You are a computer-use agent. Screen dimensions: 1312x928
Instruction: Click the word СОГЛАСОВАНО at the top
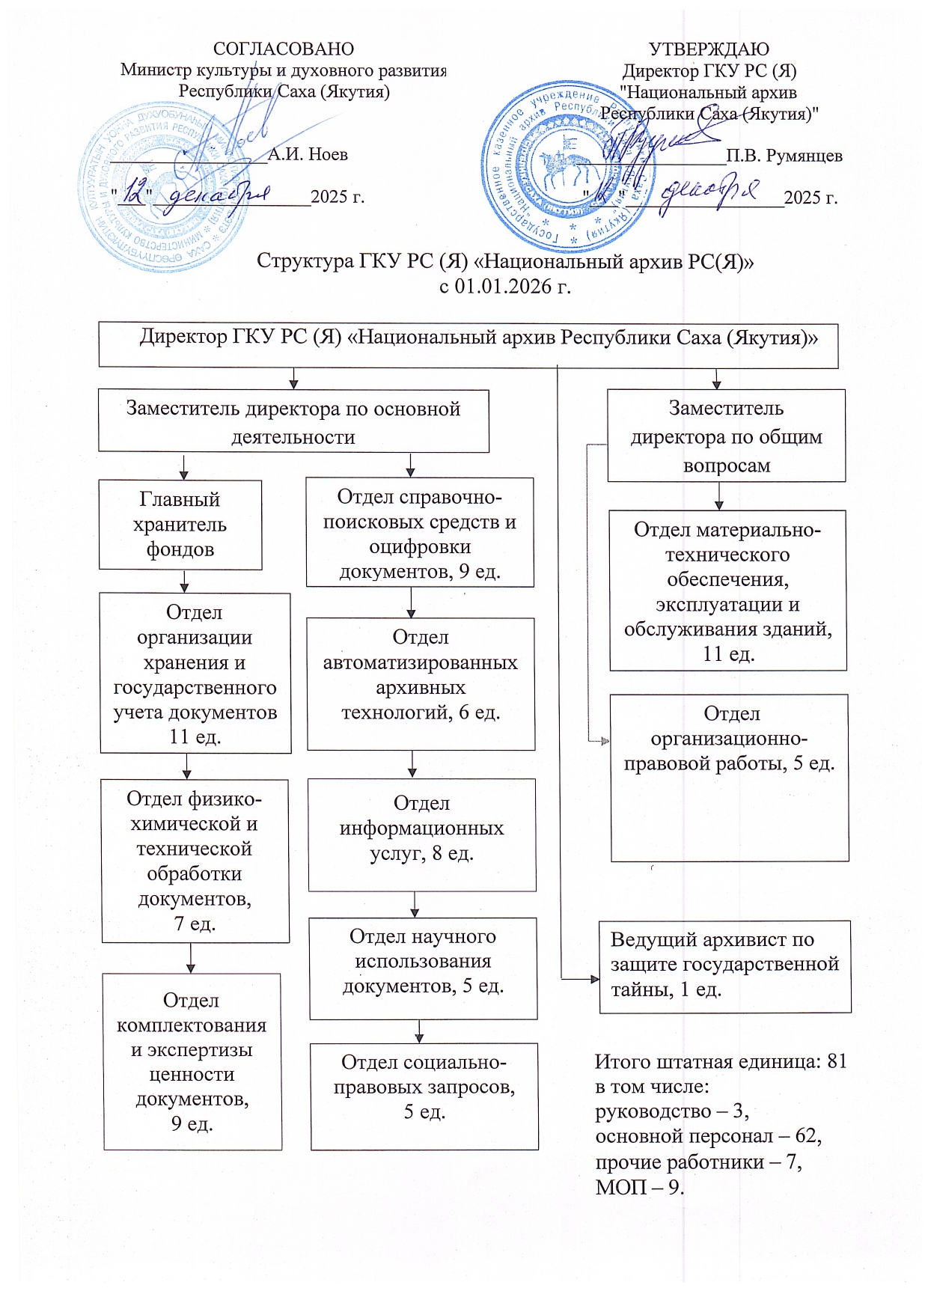click(x=284, y=49)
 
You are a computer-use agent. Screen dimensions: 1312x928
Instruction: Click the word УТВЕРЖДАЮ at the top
click(x=708, y=49)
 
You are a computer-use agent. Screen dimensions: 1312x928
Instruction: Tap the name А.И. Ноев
click(x=308, y=154)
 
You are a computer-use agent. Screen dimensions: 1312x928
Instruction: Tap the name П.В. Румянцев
click(x=784, y=156)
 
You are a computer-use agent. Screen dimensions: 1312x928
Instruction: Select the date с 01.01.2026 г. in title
click(x=504, y=286)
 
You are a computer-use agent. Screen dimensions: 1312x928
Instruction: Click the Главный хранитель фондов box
click(x=180, y=525)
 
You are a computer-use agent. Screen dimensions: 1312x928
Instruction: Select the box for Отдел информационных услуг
click(x=421, y=834)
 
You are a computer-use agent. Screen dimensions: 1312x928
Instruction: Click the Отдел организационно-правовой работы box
click(x=729, y=777)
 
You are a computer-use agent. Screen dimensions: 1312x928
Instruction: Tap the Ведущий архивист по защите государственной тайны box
click(x=724, y=965)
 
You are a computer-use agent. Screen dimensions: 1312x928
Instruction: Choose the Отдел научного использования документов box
click(x=423, y=967)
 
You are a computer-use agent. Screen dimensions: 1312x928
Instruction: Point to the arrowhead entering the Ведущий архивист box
click(x=594, y=978)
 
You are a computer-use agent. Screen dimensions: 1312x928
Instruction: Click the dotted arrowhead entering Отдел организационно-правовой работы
click(x=605, y=741)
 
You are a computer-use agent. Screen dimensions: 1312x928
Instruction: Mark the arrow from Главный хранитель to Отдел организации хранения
click(x=184, y=582)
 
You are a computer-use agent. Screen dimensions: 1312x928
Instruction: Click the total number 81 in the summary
click(x=837, y=1061)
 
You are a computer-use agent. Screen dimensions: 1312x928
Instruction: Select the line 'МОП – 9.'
click(x=639, y=1187)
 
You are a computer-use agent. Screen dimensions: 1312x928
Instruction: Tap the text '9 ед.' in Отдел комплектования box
click(x=192, y=1123)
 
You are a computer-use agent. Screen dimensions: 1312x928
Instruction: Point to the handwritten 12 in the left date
click(x=135, y=194)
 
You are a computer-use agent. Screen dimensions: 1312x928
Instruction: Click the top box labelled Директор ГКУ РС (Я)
click(x=468, y=345)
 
